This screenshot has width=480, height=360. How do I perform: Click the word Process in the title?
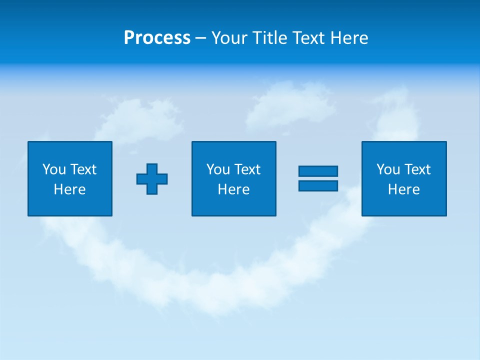(x=157, y=38)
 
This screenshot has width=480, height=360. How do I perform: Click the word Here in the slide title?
(x=350, y=38)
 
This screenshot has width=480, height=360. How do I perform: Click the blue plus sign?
(x=152, y=179)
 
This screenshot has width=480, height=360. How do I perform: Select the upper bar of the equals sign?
(x=318, y=171)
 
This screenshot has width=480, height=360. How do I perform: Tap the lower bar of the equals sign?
(x=318, y=186)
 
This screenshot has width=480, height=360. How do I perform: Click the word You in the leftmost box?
(x=54, y=169)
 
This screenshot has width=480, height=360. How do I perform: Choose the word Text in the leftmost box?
(x=83, y=169)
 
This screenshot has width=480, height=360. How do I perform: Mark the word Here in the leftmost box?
(x=69, y=189)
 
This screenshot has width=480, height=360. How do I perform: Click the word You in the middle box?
(x=218, y=169)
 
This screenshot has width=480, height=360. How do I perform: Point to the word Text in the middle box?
(x=247, y=169)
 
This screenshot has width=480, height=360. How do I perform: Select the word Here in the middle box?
(x=233, y=189)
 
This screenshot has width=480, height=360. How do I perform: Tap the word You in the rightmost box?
(x=388, y=169)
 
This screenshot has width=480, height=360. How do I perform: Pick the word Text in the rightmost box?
(x=417, y=169)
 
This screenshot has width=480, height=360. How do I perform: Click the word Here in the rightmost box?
(x=403, y=189)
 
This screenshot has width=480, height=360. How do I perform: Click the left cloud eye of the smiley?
(x=142, y=117)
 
